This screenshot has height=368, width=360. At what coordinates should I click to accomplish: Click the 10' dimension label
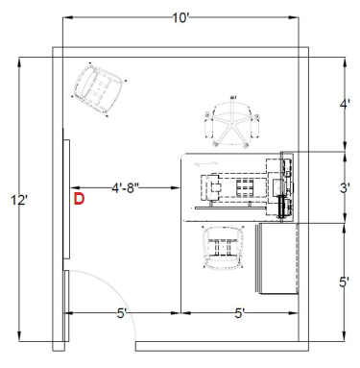tap(181, 18)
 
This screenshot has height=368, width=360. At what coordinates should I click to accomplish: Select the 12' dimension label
tap(19, 201)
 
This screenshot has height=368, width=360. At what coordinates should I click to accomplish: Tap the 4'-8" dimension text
tap(126, 188)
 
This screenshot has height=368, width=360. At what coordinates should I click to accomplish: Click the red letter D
tap(79, 199)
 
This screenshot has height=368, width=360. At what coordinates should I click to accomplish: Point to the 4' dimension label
tap(345, 104)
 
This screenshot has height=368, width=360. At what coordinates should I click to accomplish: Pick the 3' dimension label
tap(345, 188)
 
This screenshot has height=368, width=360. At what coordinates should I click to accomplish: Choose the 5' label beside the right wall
tap(345, 282)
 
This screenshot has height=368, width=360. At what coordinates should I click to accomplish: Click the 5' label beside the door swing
tap(122, 313)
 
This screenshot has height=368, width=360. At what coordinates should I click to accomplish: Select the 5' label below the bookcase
tap(240, 313)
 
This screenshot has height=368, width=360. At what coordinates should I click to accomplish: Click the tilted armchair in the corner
tap(99, 88)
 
